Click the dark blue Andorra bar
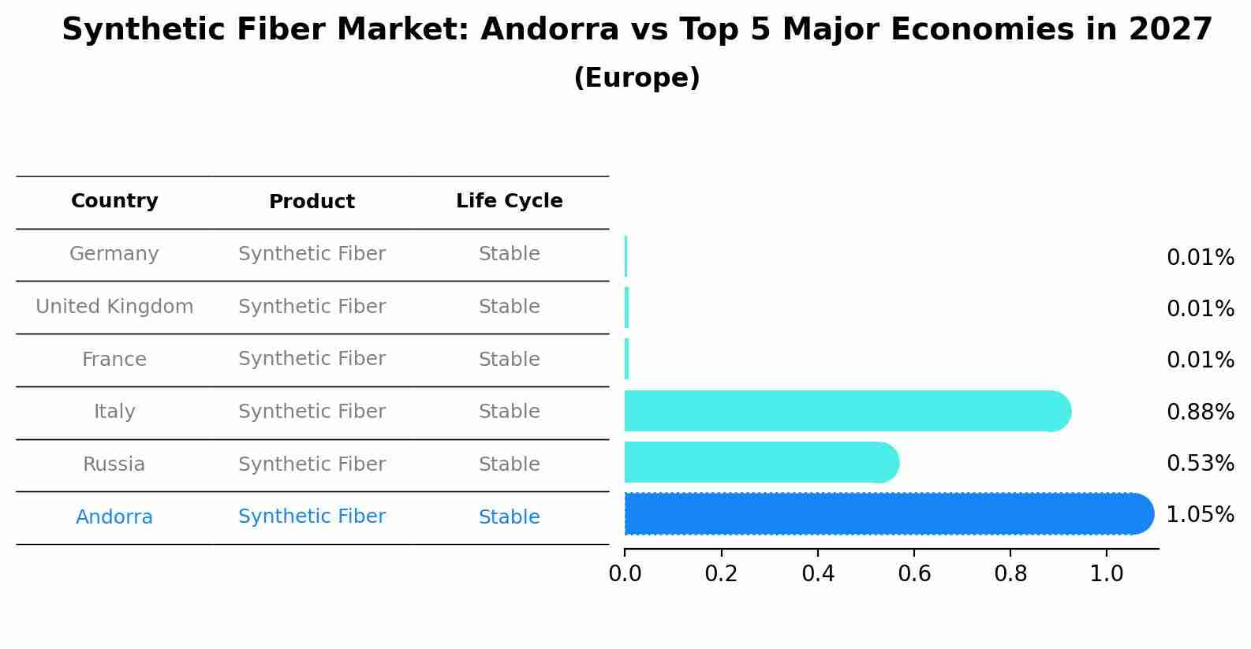point(889,514)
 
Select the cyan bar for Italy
point(848,411)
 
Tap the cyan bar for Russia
point(762,462)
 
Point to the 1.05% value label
point(1201,514)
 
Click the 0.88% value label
point(1201,412)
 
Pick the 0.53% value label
point(1201,464)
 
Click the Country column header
point(114,200)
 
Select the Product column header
point(312,201)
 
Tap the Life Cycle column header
point(510,200)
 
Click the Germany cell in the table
point(114,254)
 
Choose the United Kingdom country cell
point(114,306)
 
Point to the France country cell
point(114,359)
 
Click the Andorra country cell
point(114,517)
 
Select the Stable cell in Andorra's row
point(510,517)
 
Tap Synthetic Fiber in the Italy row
point(312,411)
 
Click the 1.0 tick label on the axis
point(1107,573)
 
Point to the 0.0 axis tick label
point(625,573)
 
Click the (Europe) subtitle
point(637,77)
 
